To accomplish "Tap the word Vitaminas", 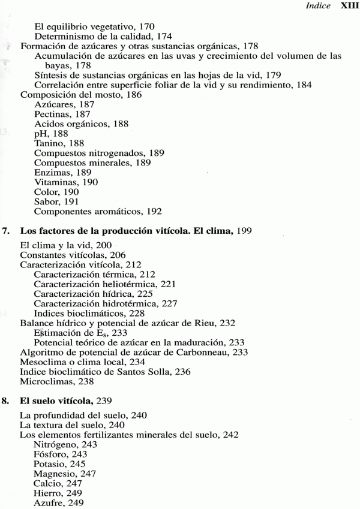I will pos(55,182).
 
